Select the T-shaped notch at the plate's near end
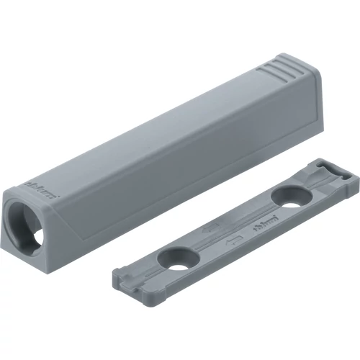[x=125, y=271]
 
